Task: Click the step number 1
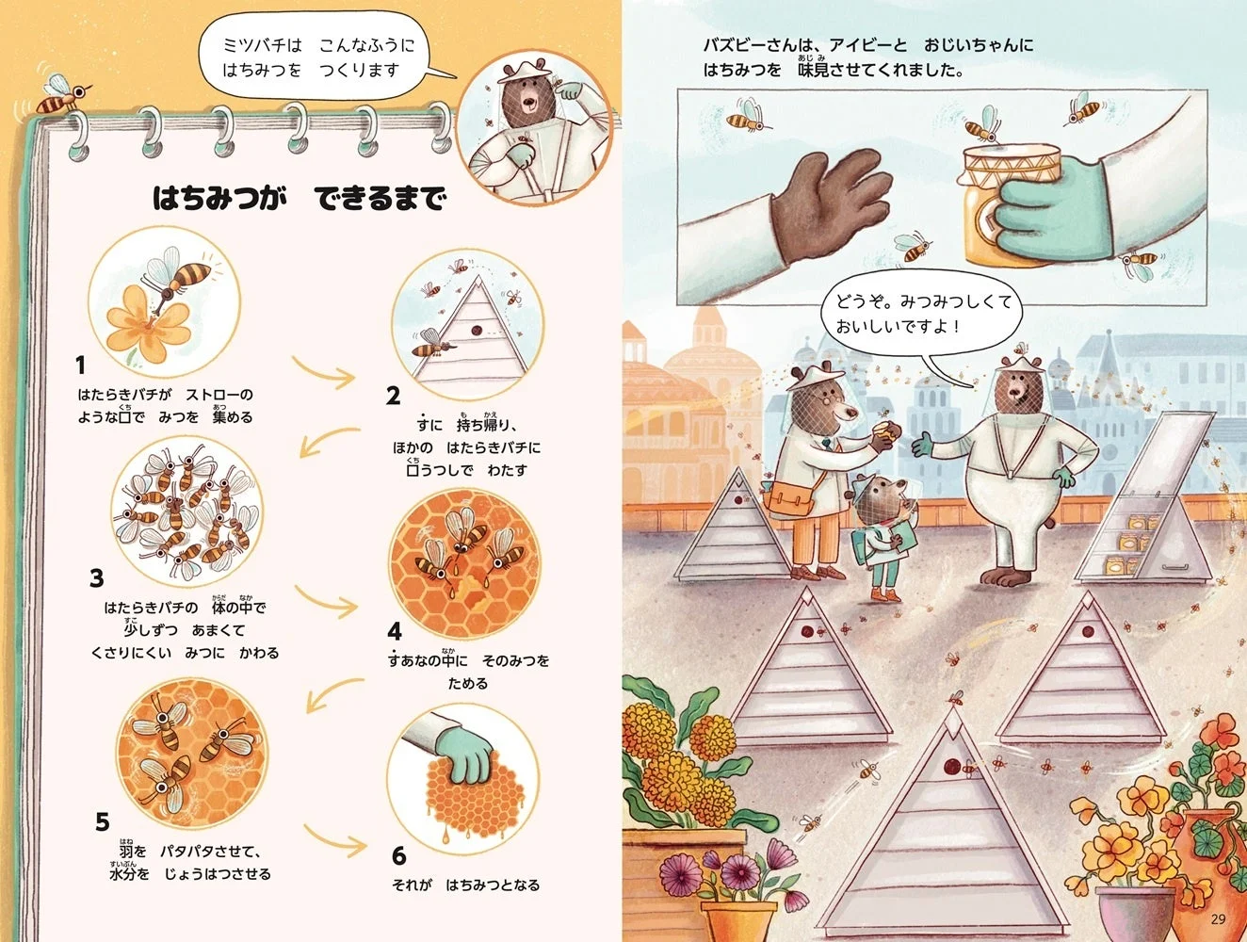tap(81, 365)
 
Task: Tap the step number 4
tap(395, 629)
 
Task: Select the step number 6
tap(398, 854)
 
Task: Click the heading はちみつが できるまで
tap(299, 198)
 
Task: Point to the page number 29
tap(1219, 919)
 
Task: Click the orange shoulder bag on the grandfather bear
tap(789, 497)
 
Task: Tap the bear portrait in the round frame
tap(533, 126)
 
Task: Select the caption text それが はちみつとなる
tap(465, 885)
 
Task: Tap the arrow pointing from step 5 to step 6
tap(334, 839)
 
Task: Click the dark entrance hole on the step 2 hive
tap(477, 331)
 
